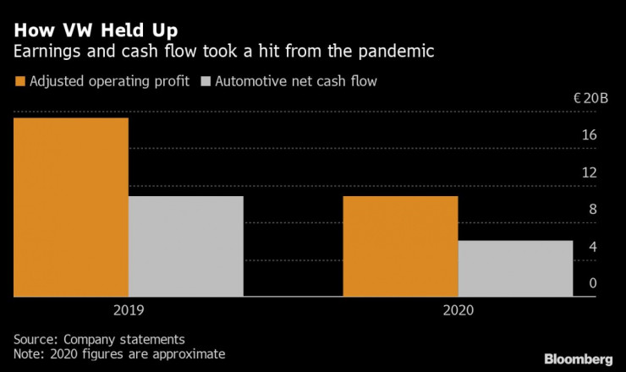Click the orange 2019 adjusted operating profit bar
(x=71, y=207)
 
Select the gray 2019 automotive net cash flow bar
(x=185, y=246)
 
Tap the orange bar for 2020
(x=400, y=246)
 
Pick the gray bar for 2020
(x=515, y=269)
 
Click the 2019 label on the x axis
(x=128, y=310)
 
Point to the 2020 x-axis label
(x=458, y=310)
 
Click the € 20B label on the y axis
(x=590, y=98)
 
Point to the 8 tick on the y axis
(x=593, y=210)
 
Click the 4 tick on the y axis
(x=593, y=247)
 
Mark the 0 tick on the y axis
(x=593, y=283)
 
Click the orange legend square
(x=19, y=82)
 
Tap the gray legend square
(x=206, y=82)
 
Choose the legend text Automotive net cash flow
(x=297, y=82)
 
